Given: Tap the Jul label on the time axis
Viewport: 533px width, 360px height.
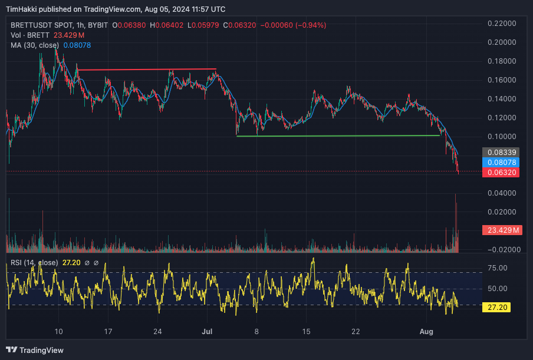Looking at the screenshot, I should coord(207,332).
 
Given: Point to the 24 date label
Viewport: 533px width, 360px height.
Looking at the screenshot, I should coord(157,332).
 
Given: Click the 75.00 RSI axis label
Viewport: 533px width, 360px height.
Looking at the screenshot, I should coord(498,267).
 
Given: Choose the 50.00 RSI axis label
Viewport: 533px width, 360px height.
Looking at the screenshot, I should coord(498,288).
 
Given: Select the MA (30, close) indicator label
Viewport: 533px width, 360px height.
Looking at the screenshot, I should coord(34,45).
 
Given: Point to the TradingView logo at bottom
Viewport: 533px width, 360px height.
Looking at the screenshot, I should coord(35,350).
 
